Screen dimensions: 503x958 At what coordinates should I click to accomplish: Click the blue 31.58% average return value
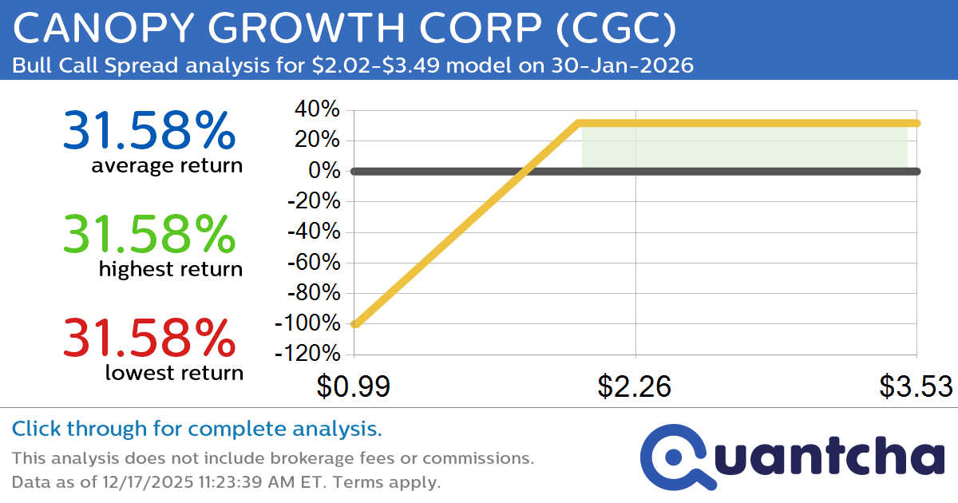[148, 131]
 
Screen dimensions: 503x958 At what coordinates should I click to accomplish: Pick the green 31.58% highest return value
[148, 234]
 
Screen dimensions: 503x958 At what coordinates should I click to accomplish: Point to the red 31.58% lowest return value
[148, 337]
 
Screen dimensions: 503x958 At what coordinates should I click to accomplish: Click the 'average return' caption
[166, 166]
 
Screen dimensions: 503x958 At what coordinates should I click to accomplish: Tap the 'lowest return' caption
[173, 372]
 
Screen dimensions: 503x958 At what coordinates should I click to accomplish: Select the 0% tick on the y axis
[326, 171]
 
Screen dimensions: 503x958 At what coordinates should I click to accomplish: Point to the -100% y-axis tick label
[307, 323]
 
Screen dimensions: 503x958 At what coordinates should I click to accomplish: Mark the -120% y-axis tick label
[307, 354]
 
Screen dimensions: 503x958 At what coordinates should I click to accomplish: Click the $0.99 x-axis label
[353, 386]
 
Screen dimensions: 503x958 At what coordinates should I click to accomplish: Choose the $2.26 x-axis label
[635, 386]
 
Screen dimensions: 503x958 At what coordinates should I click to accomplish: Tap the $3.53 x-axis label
[916, 386]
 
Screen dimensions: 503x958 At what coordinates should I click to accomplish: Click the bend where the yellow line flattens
[579, 123]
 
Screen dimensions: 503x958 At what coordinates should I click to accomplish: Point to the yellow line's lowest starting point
[355, 323]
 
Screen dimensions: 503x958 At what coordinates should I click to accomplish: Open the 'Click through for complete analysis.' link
[196, 430]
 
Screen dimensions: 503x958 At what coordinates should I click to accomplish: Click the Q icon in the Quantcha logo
[675, 456]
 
